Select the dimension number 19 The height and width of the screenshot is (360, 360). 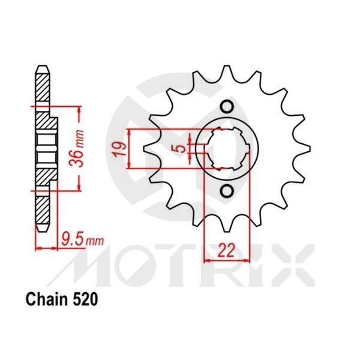click(x=121, y=148)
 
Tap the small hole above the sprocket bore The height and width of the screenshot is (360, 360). click(x=226, y=107)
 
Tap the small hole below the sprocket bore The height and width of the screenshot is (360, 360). click(x=226, y=191)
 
